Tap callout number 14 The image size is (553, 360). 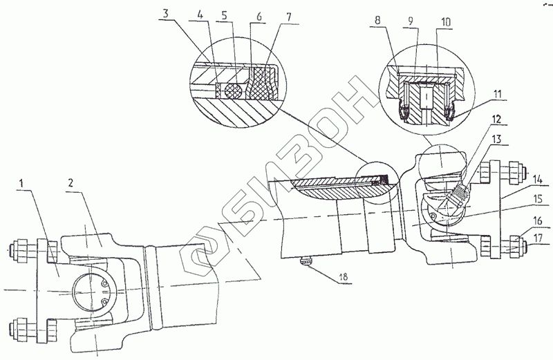[538, 178]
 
